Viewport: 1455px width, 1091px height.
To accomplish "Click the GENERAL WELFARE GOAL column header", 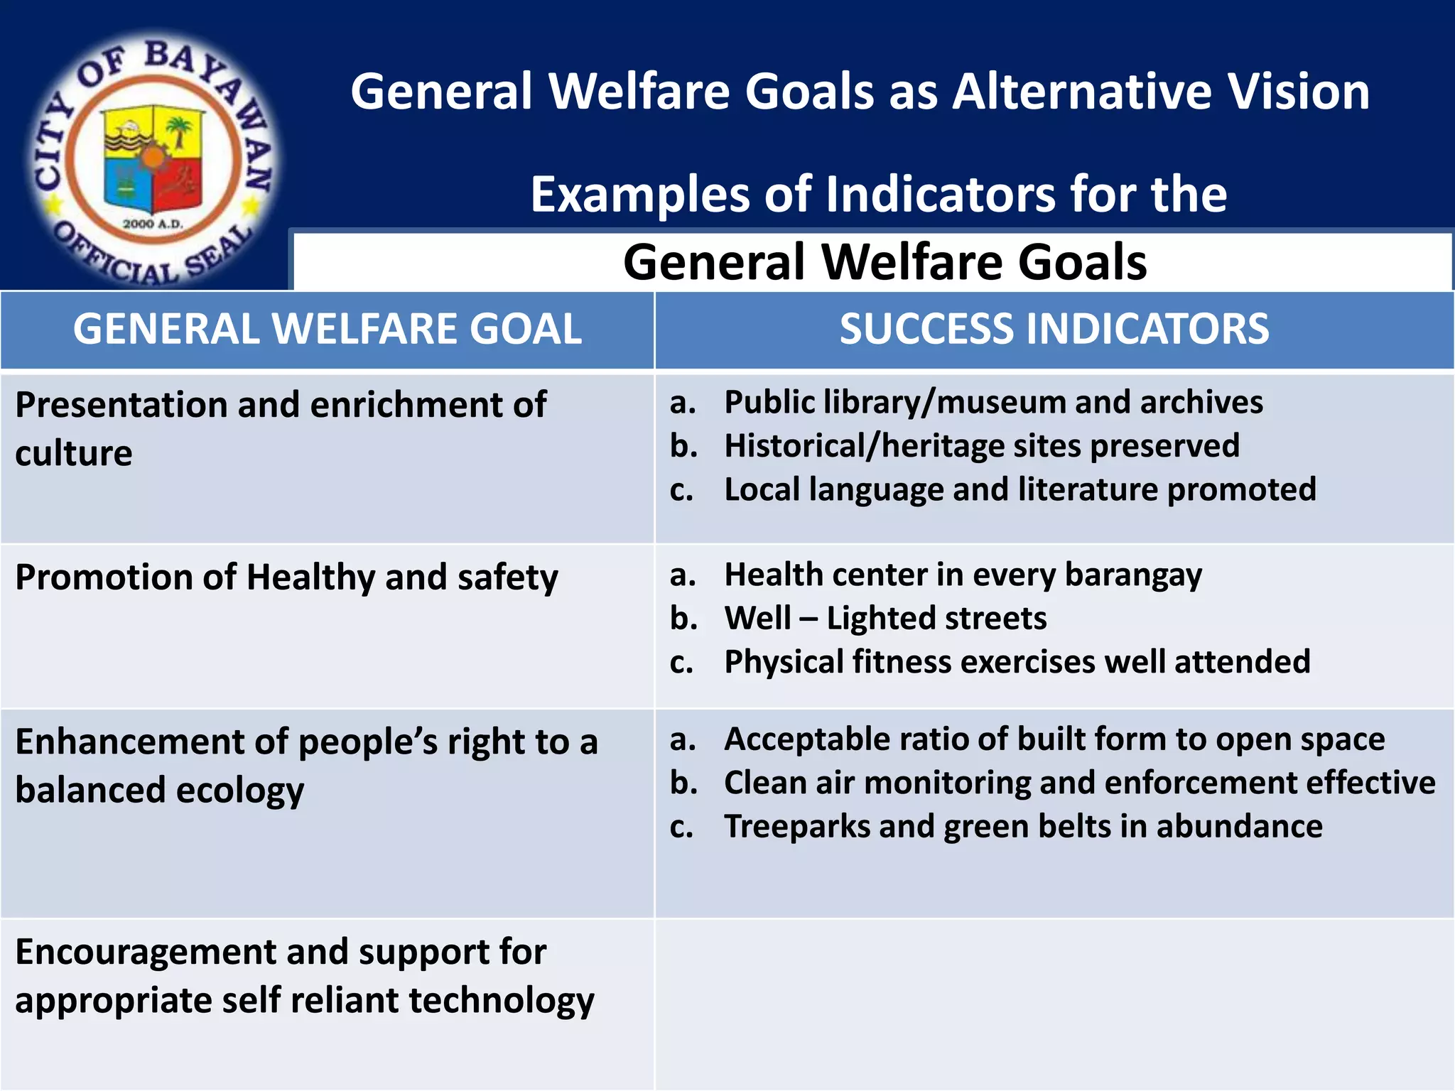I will point(328,329).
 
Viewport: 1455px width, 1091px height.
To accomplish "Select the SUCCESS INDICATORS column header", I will point(1054,329).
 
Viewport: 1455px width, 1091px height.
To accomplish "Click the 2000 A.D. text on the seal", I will point(153,224).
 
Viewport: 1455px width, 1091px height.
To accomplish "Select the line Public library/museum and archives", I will point(993,402).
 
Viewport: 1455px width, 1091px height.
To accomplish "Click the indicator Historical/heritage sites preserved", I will point(981,446).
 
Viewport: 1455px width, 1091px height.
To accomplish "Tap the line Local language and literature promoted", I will point(1019,489).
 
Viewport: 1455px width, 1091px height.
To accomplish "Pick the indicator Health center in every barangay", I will point(963,575).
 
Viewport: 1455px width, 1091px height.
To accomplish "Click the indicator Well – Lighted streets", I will point(885,618).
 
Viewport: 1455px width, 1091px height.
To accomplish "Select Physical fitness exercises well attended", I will point(1017,662).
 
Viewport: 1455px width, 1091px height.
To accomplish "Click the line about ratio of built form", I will point(1054,739).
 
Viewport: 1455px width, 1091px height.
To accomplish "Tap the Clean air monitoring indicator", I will point(1079,783).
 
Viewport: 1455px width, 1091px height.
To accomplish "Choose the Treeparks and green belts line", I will point(1023,827).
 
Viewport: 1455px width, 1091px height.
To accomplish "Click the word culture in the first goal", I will point(74,453).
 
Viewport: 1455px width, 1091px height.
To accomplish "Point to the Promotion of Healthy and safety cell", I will point(286,577).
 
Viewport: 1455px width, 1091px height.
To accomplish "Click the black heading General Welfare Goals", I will point(885,261).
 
